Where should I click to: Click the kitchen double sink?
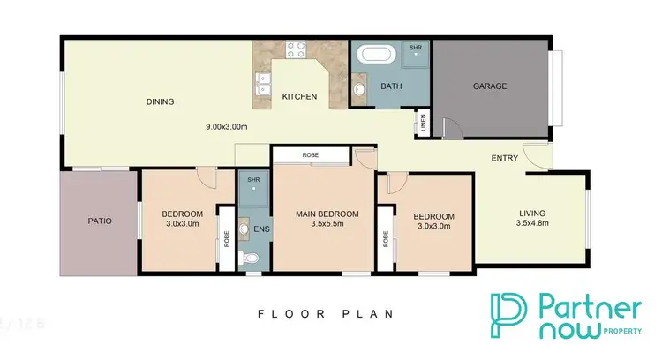point(260,86)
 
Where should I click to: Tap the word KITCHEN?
point(298,97)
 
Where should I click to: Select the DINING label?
point(160,102)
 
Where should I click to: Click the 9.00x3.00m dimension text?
point(226,126)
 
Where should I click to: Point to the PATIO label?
point(99,221)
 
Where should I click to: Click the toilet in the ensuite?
point(251,258)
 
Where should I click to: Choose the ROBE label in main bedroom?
point(310,155)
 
